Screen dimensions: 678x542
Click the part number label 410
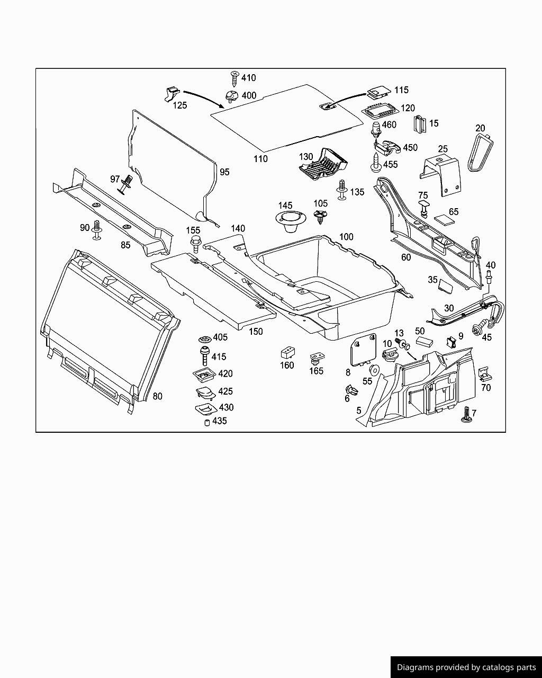click(248, 78)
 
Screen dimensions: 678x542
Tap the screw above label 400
click(234, 78)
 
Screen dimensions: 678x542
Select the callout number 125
click(180, 105)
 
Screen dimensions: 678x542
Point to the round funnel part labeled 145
click(287, 221)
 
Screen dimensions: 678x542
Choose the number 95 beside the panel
click(224, 172)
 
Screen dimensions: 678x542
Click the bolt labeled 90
click(97, 229)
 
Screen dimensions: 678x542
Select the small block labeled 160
click(287, 353)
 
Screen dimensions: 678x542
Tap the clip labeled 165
click(316, 358)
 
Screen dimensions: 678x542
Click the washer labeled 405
click(204, 338)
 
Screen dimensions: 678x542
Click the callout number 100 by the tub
click(346, 237)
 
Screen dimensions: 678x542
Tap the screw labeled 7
click(466, 415)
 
